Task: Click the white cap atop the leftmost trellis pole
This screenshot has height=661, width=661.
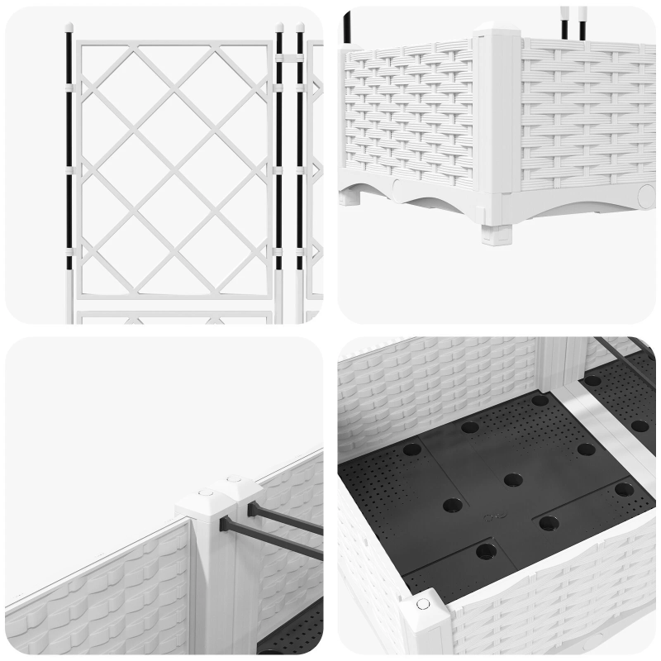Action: pos(69,26)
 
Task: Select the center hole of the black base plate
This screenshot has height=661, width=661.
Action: pos(512,479)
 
